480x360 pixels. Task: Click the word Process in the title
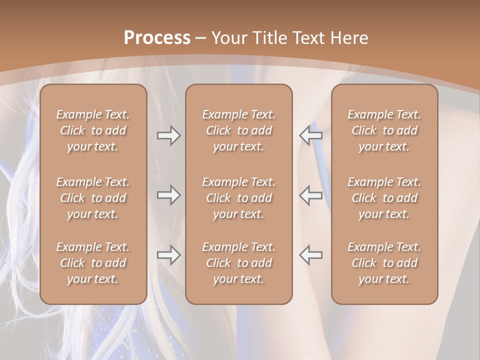coord(157,38)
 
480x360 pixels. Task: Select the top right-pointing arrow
coord(168,135)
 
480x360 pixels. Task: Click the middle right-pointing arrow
coord(168,195)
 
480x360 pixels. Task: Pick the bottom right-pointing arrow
coord(168,255)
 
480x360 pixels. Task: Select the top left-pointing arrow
coord(310,135)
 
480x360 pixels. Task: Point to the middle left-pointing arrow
coord(310,195)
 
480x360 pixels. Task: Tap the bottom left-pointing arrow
coord(310,255)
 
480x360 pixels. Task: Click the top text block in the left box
coord(93,130)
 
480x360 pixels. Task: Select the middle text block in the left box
coord(93,198)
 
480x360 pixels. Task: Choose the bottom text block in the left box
coord(93,263)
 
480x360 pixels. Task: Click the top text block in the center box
coord(239,130)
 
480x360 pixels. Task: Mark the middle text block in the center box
coord(239,198)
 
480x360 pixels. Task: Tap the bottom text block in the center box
coord(239,263)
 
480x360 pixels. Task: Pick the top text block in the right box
coord(384,130)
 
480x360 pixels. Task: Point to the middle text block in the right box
coord(384,198)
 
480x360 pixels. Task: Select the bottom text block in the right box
coord(384,263)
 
